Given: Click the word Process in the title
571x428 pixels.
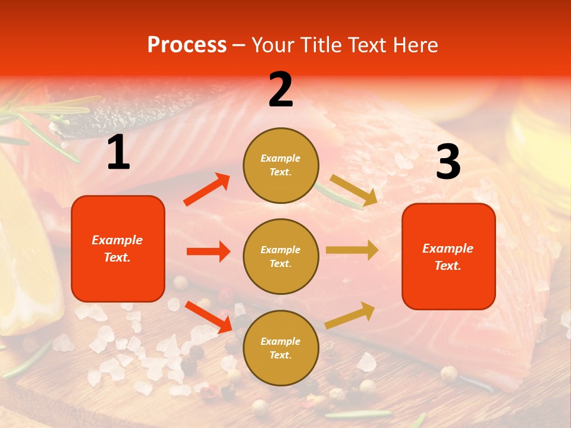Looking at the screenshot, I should pos(187,45).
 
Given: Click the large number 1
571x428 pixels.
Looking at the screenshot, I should pos(118,153).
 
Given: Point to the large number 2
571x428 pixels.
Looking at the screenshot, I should pos(281,90).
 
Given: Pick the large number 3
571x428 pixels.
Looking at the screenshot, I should pos(448,162).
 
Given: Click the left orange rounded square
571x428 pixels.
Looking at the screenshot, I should pos(118,248).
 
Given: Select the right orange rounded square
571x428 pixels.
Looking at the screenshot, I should pos(448,256).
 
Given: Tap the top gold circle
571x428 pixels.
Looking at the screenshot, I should pos(281,165).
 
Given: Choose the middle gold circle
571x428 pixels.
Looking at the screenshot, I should pos(281,256).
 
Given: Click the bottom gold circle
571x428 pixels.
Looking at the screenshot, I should pos(281,348).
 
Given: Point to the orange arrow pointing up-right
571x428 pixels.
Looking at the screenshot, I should pos(207,190).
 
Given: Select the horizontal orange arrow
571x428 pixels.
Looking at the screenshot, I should pos(208,251).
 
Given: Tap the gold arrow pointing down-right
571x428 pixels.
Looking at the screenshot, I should pos(354,190).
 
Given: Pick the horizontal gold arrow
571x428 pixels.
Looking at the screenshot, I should pos(352,250).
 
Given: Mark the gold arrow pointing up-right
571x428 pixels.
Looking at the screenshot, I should pos(350,315).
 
